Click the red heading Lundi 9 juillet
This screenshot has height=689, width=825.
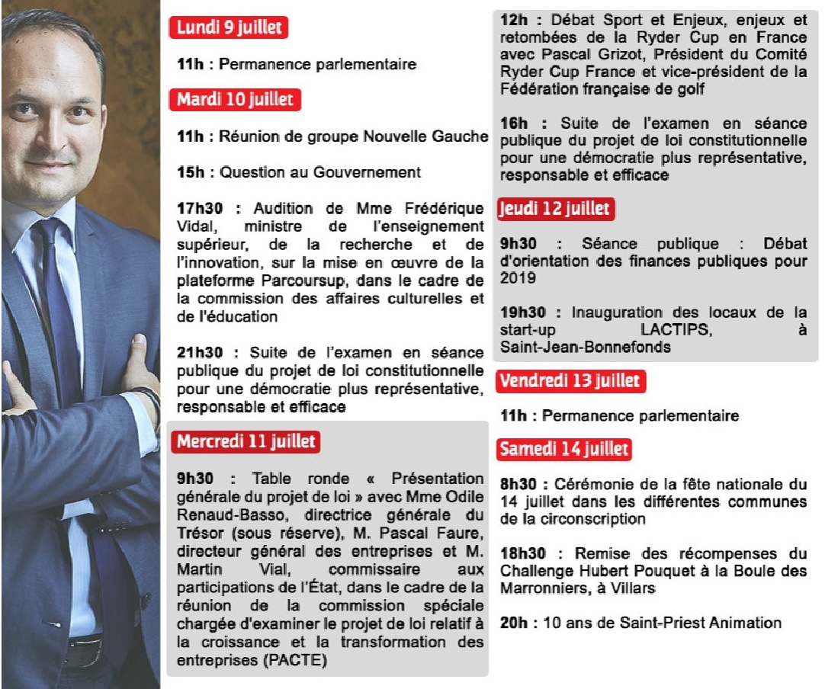tap(229, 28)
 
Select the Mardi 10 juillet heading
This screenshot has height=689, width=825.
tap(235, 99)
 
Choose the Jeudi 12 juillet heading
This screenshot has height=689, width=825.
tap(555, 209)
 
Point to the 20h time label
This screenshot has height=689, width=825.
tap(514, 623)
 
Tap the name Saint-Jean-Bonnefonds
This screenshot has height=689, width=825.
tap(586, 348)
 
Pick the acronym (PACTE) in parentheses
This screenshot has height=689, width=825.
tap(295, 660)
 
